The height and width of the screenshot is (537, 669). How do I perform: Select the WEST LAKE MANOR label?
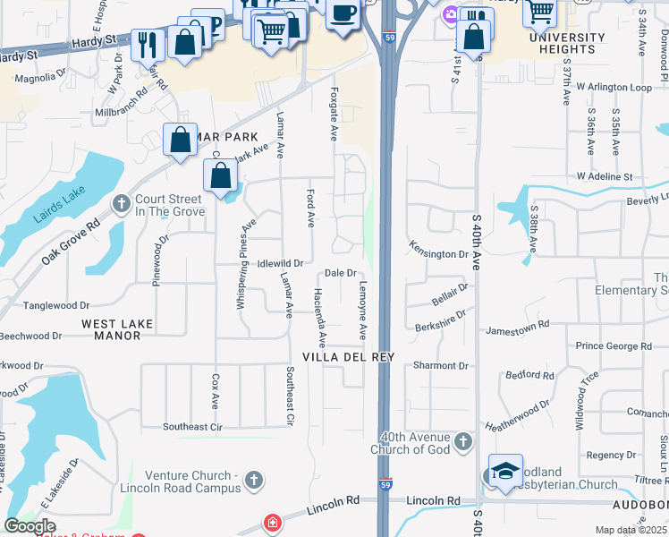click(117, 329)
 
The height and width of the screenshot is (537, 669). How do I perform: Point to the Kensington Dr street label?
click(438, 254)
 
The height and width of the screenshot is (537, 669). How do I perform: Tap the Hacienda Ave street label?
click(319, 319)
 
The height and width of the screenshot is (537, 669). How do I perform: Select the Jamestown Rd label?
click(517, 330)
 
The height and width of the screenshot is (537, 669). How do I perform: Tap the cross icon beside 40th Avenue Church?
click(463, 440)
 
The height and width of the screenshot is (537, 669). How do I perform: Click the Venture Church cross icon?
click(254, 481)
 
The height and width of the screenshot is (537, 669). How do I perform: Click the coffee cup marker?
click(343, 14)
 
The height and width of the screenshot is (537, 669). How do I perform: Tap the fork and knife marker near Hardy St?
click(147, 44)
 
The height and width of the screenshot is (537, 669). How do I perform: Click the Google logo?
click(29, 527)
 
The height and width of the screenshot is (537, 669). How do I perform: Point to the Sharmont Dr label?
click(441, 366)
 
